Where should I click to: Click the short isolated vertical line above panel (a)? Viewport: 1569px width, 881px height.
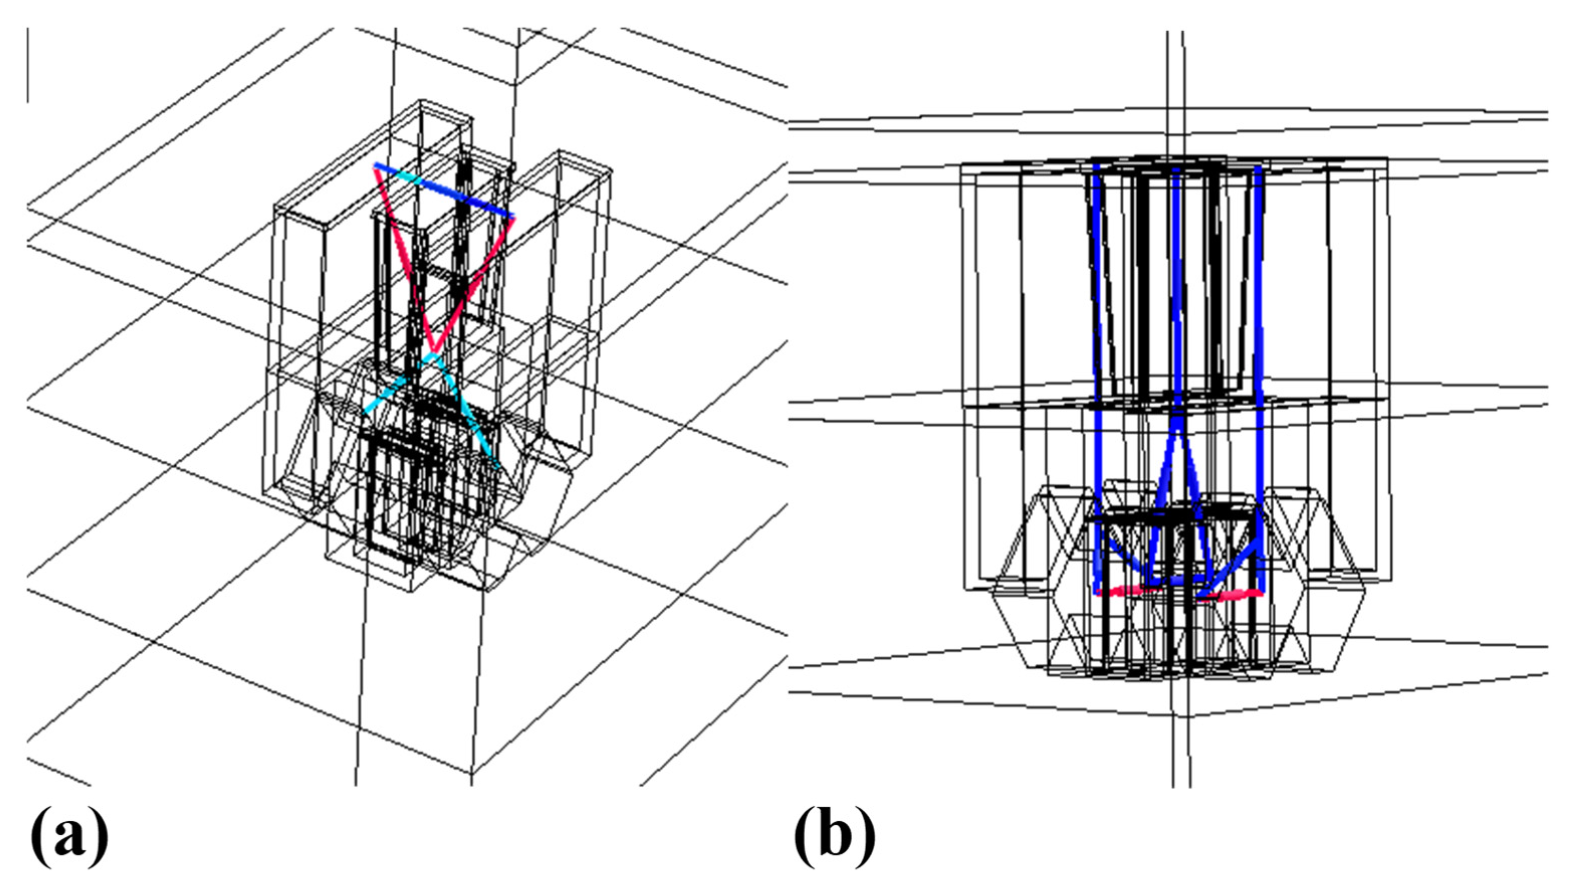(28, 64)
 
